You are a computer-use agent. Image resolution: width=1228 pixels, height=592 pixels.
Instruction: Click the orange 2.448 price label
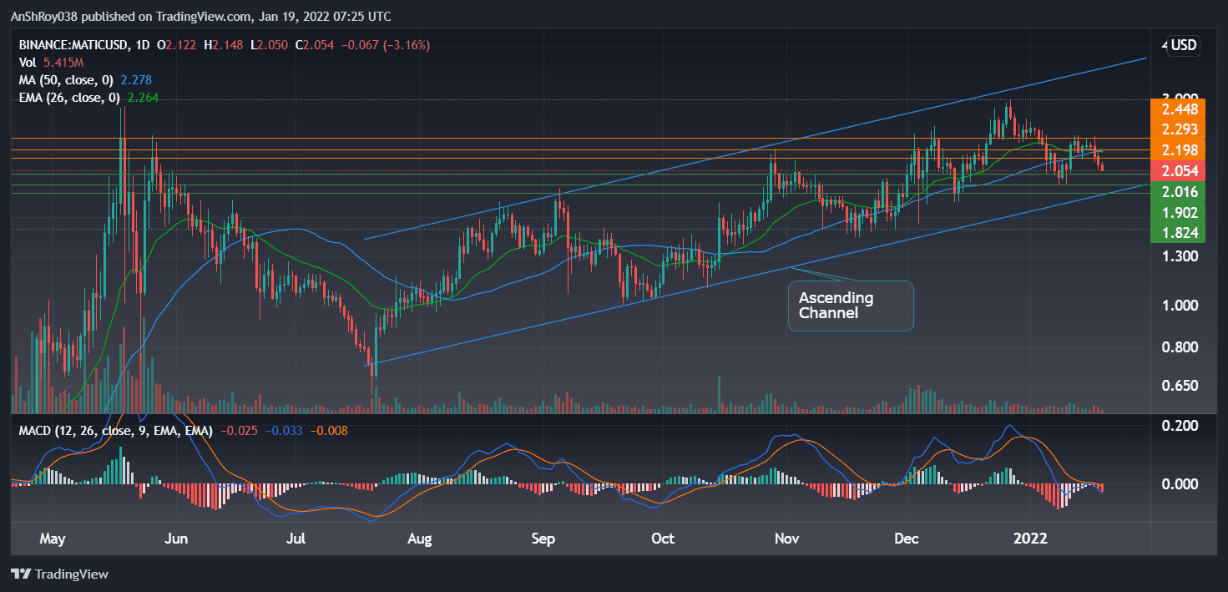point(1175,109)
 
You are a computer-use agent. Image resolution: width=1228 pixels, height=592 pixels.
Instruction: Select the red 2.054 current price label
point(1175,171)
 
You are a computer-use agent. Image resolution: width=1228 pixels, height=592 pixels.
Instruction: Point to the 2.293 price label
point(1175,129)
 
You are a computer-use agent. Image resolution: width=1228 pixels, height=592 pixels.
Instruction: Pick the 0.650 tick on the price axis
point(1175,386)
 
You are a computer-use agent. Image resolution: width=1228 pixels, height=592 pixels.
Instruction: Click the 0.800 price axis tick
point(1175,347)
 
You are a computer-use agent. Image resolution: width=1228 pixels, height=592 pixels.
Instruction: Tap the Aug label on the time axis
point(420,539)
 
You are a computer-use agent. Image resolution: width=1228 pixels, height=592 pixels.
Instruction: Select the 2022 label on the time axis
point(1028,539)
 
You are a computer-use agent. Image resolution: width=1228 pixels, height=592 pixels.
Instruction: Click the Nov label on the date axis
point(786,539)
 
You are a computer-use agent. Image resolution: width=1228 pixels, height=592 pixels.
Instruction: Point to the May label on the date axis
point(52,539)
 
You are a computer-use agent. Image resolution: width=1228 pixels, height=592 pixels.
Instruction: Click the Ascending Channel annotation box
point(851,306)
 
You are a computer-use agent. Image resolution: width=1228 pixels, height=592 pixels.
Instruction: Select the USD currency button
point(1184,45)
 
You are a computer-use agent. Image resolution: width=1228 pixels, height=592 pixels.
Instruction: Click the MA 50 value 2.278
point(136,81)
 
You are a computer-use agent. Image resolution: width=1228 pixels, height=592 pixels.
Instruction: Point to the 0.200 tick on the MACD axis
point(1175,426)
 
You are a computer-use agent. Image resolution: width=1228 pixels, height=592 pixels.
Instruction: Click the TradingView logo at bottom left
point(59,574)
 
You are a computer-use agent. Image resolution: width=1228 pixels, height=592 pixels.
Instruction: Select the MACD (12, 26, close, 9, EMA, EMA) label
point(112,431)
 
